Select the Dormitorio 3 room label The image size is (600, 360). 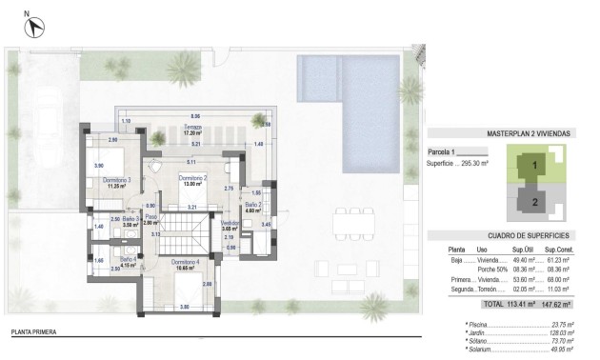pos(116,183)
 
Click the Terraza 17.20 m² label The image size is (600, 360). pos(194,131)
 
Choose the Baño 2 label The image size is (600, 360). pos(253,207)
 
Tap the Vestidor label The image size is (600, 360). pos(229,226)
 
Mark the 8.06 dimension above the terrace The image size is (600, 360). pos(195,114)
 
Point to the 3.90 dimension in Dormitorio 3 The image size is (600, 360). pos(98,166)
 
